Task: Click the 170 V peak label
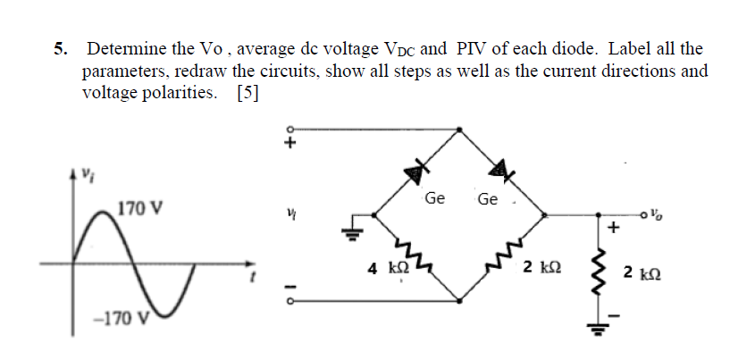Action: pyautogui.click(x=140, y=210)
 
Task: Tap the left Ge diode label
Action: pyautogui.click(x=435, y=197)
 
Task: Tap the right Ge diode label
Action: pyautogui.click(x=488, y=198)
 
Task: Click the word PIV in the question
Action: pyautogui.click(x=472, y=49)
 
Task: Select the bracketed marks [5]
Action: pyautogui.click(x=248, y=92)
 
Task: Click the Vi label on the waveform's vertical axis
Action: pyautogui.click(x=87, y=172)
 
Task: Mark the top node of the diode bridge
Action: pyautogui.click(x=460, y=129)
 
